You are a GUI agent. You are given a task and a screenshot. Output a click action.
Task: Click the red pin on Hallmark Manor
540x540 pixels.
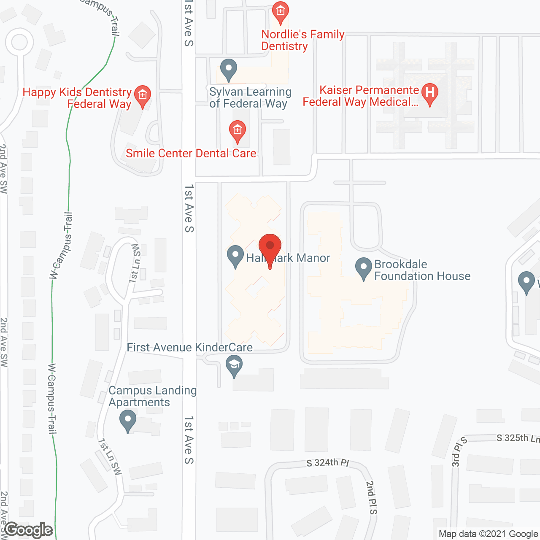tap(270, 246)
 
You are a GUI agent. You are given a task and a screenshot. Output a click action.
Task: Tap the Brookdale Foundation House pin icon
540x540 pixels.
tap(363, 268)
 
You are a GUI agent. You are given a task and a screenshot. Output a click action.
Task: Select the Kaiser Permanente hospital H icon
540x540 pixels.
tap(429, 93)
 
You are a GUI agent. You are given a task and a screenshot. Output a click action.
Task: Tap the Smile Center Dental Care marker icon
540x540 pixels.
tap(237, 130)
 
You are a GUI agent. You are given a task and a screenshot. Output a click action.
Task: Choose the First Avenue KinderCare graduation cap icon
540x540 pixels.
tap(234, 365)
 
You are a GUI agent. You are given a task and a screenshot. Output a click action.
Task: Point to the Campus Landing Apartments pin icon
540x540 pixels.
tap(127, 421)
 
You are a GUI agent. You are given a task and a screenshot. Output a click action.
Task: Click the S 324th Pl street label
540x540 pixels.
tap(328, 462)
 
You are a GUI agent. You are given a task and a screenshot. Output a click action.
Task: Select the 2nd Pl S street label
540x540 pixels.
tap(371, 498)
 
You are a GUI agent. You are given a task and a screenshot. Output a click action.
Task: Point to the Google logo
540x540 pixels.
tap(29, 530)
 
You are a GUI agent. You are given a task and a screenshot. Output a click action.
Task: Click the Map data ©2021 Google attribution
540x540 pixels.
tap(488, 534)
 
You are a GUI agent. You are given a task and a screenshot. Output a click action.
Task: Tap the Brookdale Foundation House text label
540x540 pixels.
tap(422, 270)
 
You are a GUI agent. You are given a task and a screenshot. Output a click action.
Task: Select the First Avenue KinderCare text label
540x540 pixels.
tap(189, 347)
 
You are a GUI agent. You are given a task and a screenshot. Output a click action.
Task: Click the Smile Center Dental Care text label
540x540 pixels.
tap(191, 153)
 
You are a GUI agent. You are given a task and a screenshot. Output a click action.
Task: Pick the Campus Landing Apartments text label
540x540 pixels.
tap(152, 397)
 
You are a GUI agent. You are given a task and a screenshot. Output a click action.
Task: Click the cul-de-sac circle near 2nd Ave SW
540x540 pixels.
tap(19, 42)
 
